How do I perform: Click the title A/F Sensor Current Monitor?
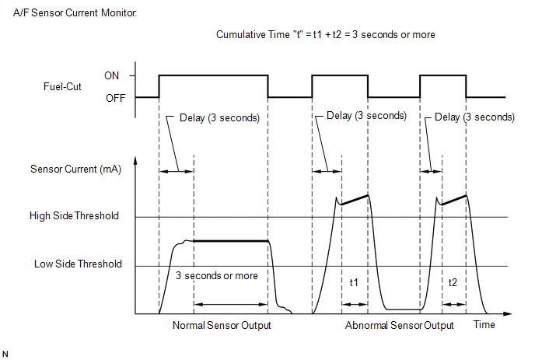point(75,13)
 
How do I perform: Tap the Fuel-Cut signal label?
point(62,86)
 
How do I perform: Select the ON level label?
point(111,75)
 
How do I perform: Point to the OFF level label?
point(116,98)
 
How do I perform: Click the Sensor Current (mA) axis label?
point(75,170)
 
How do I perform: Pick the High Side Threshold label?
point(74,215)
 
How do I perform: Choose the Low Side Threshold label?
point(78,264)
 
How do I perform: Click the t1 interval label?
point(354,282)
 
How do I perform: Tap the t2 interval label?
point(453,282)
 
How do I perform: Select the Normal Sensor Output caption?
point(222,325)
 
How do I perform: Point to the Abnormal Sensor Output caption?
point(399,325)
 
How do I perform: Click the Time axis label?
point(484,324)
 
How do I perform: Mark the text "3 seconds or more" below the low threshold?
point(217,275)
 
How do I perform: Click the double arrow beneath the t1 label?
point(355,304)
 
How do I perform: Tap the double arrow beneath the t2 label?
point(454,304)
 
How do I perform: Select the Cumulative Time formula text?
point(326,34)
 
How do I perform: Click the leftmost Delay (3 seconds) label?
point(219,118)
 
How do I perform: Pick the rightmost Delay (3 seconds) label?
point(474,117)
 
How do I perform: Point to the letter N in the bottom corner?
point(5,355)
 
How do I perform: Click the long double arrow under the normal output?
point(231,304)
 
